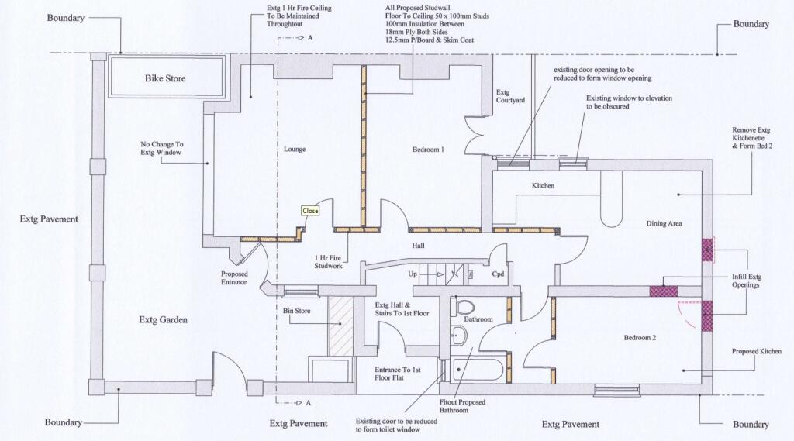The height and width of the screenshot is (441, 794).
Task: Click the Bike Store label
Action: [165, 78]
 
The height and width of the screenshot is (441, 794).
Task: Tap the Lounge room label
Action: [295, 150]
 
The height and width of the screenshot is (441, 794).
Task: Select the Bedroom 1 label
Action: [428, 150]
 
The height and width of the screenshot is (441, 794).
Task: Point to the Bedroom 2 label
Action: [640, 338]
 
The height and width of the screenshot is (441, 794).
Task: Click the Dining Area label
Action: [664, 223]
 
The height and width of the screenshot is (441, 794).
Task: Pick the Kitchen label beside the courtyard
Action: [543, 186]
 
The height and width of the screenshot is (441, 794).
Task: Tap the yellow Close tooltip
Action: [310, 211]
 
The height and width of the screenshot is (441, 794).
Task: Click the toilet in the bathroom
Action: [464, 306]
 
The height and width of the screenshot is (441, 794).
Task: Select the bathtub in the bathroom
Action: [478, 370]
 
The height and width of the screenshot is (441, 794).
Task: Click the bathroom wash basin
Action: [459, 335]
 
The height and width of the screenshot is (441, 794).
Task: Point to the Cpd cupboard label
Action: [499, 274]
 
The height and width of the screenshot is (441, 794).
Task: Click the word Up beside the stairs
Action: [413, 274]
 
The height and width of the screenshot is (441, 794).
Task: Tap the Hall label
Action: [418, 246]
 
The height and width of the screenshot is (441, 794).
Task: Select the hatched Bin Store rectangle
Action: [341, 326]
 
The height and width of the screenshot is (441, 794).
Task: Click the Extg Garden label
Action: [163, 320]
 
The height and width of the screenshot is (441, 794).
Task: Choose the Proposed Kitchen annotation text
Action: [757, 351]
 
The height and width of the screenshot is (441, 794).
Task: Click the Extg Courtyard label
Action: [510, 96]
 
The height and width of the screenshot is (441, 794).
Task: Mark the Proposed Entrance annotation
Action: [234, 278]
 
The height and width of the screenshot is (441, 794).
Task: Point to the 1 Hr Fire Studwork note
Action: [328, 262]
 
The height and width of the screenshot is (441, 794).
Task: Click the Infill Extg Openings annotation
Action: [747, 281]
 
